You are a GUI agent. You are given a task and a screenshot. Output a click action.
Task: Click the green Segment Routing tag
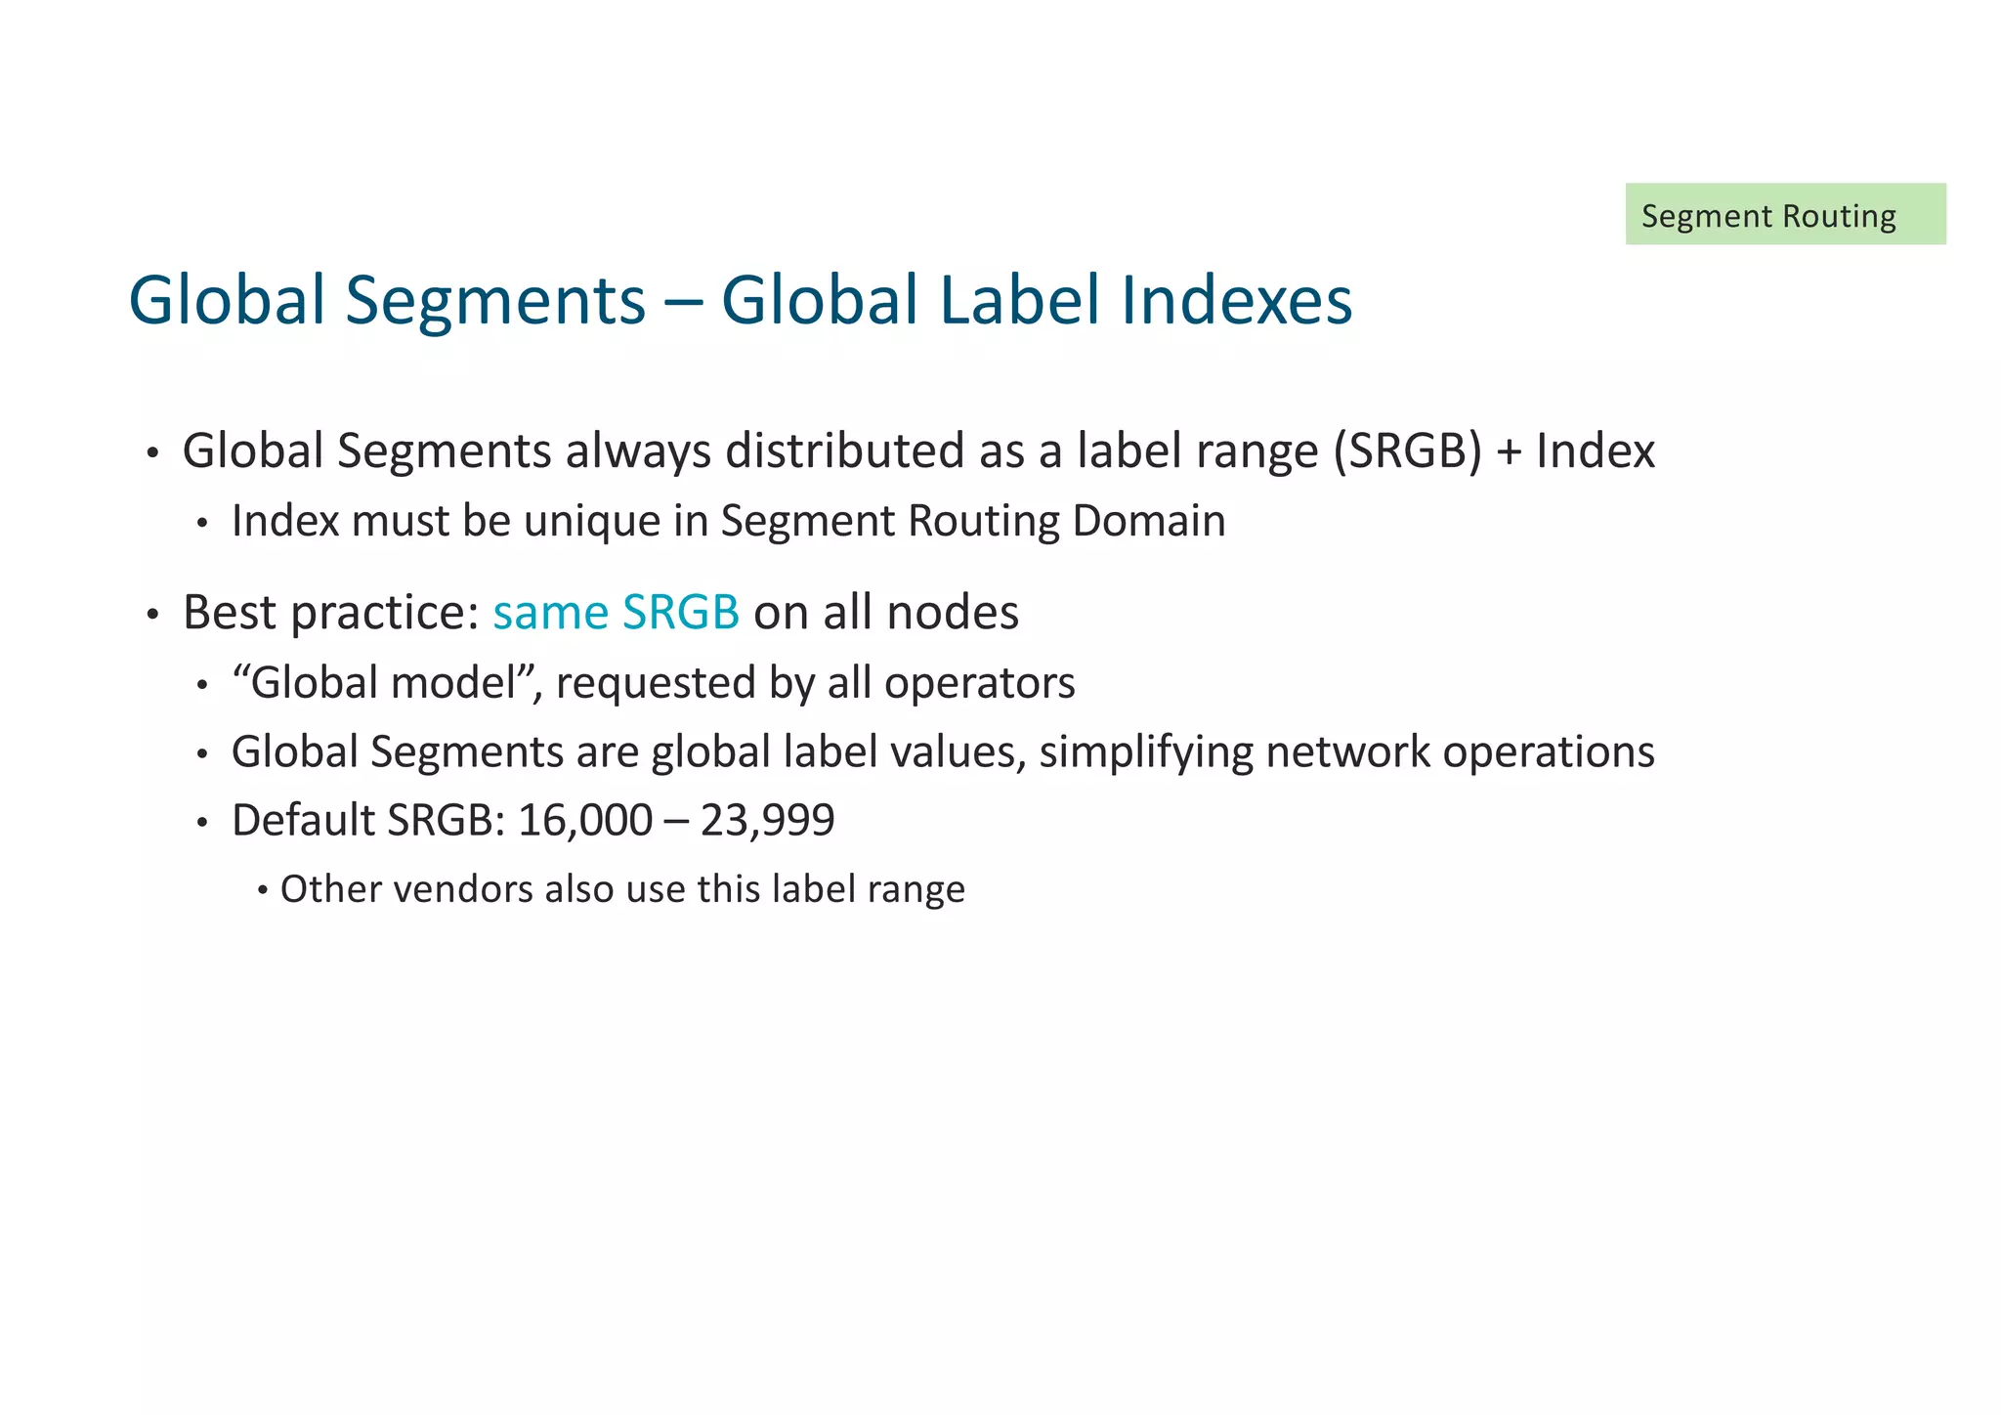1784,214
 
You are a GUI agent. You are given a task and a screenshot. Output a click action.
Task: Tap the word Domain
1148,521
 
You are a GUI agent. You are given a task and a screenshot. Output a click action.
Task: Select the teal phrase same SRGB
616,613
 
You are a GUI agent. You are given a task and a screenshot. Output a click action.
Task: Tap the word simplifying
1145,752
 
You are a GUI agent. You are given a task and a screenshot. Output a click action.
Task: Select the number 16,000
584,821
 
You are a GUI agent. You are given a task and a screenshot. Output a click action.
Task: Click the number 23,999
767,821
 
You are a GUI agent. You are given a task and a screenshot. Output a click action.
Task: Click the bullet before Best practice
151,616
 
